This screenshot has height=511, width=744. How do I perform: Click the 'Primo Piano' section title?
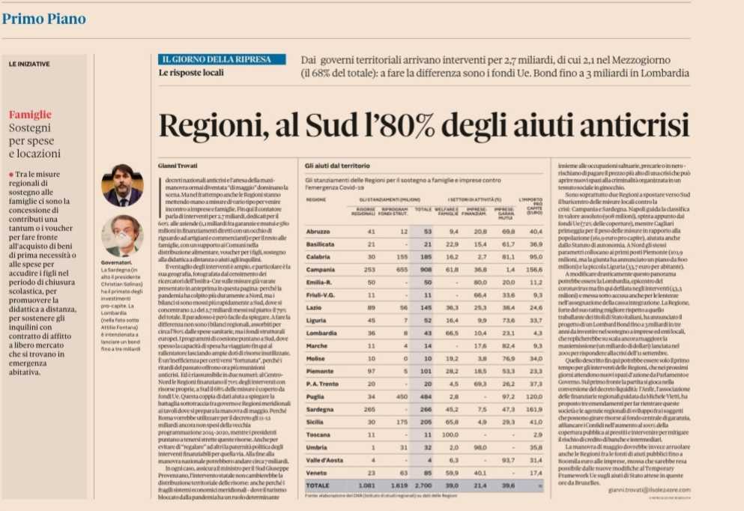pos(43,19)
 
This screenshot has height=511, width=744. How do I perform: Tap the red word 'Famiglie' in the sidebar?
pos(30,115)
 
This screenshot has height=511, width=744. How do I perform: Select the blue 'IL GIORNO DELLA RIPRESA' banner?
pos(222,59)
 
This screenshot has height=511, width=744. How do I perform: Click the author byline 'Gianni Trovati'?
pos(176,163)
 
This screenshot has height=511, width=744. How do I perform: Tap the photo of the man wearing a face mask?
pos(122,235)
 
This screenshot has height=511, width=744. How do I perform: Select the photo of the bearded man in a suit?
pos(122,185)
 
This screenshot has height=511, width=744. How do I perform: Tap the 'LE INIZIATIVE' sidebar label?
pos(29,64)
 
